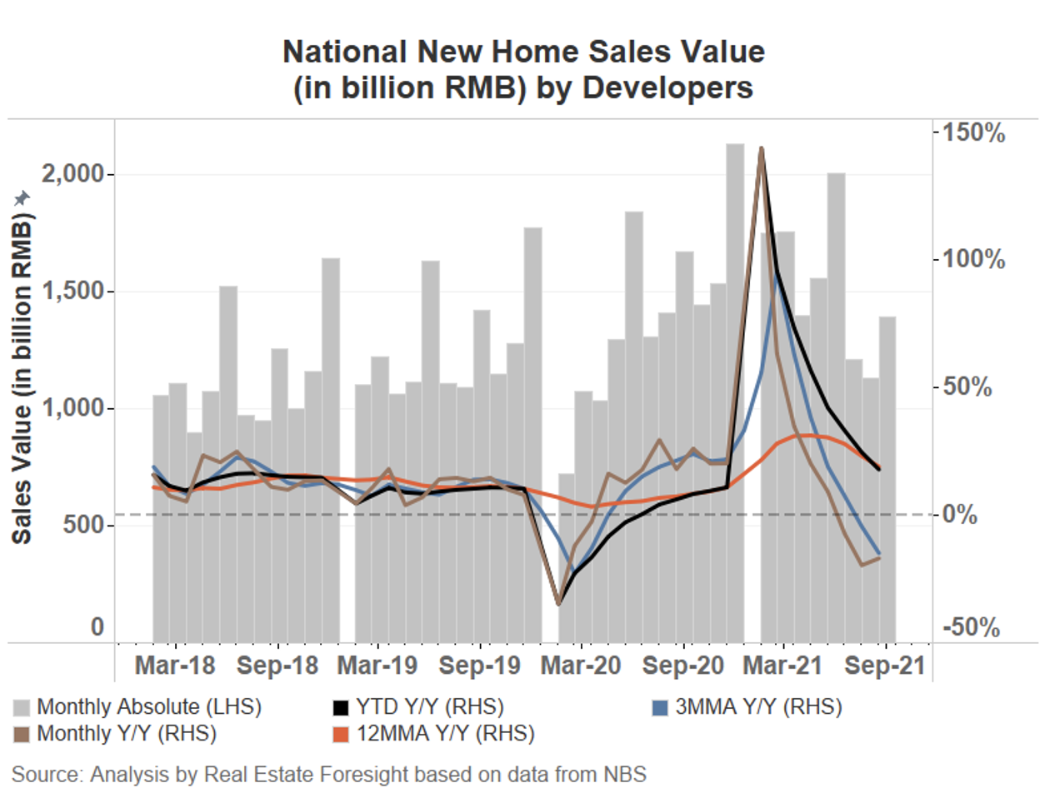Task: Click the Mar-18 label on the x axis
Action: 175,666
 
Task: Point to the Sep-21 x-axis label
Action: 885,666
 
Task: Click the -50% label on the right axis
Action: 971,627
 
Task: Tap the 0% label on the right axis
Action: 961,514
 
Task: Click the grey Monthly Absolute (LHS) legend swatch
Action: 22,708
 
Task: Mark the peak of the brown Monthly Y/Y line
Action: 761,149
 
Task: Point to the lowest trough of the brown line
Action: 558,604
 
